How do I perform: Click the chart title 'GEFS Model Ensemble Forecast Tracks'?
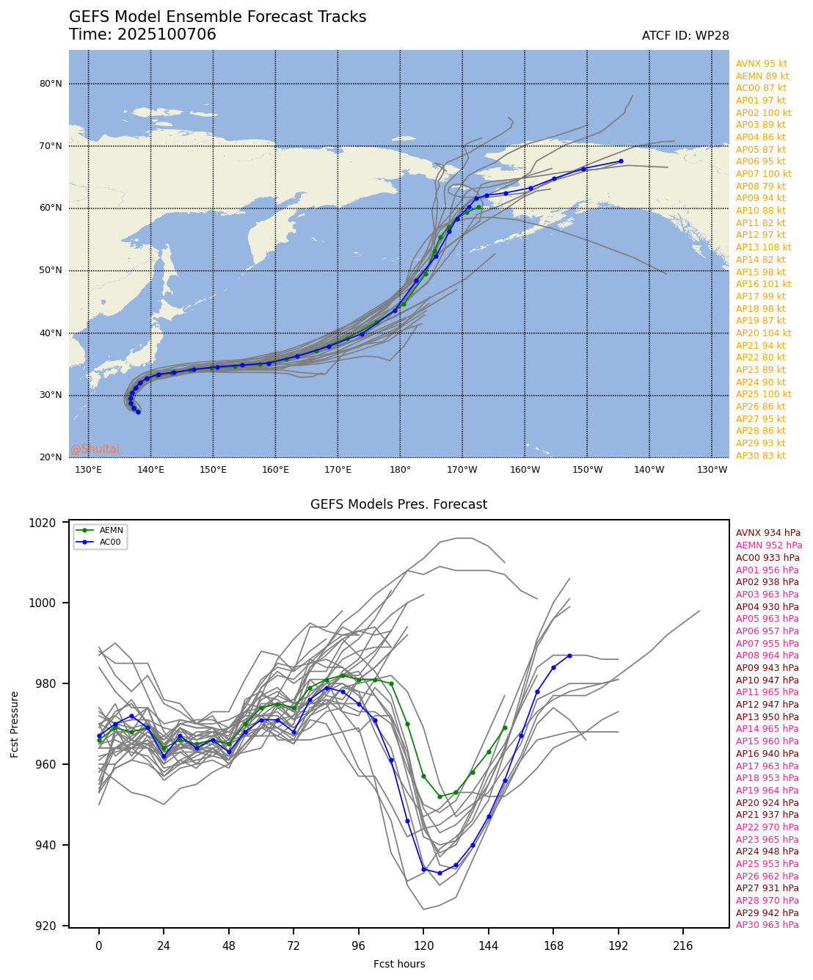click(x=217, y=18)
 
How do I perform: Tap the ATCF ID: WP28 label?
click(x=685, y=36)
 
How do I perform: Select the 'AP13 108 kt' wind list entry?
click(x=763, y=247)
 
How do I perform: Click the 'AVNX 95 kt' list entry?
click(x=761, y=64)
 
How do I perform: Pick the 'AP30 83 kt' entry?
click(x=760, y=456)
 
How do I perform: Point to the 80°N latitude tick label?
click(x=51, y=84)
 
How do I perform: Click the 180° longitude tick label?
click(x=400, y=470)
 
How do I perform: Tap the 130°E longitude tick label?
click(x=88, y=470)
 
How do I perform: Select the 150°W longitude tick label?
click(x=587, y=470)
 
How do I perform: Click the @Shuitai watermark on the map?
click(x=95, y=449)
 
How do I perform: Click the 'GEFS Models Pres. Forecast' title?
click(x=398, y=504)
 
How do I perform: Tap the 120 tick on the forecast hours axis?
click(x=423, y=944)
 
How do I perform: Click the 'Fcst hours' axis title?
click(x=399, y=964)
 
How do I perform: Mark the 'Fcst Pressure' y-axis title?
click(x=15, y=724)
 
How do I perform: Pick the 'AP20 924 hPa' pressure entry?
click(x=767, y=803)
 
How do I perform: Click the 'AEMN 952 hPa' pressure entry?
click(x=768, y=545)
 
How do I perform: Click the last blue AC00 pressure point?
click(x=569, y=656)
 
